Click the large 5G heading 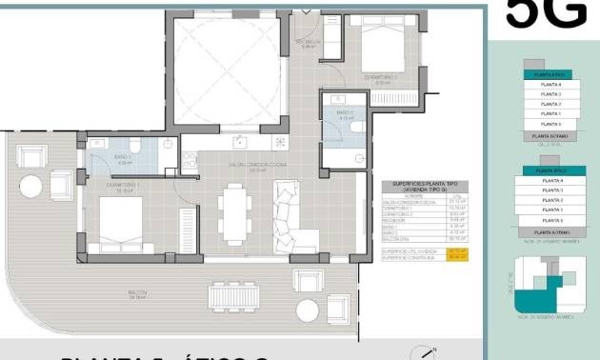545,13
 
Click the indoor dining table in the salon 230,212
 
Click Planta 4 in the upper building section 550,85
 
